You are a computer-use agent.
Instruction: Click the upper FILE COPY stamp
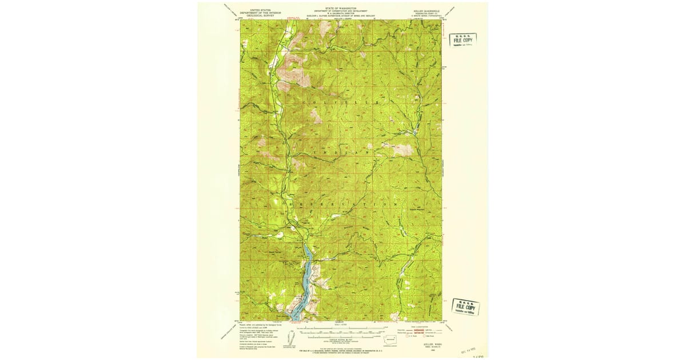pos(462,40)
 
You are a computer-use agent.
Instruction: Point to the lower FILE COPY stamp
pos(466,306)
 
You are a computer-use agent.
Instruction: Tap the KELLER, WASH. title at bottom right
pos(432,345)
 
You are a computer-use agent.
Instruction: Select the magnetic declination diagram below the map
pos(294,337)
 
